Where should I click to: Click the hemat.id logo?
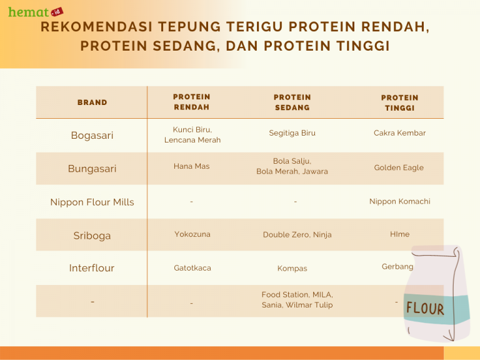[x=31, y=11]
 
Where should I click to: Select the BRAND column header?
[x=92, y=102]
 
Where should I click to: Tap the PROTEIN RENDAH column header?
[x=192, y=102]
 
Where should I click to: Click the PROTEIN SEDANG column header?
[x=292, y=102]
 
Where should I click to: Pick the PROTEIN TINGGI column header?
[x=400, y=102]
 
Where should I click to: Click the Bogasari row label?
[x=92, y=136]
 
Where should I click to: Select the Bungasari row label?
[x=92, y=169]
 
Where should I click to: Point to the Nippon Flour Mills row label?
[x=92, y=202]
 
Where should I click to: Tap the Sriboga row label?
[x=92, y=236]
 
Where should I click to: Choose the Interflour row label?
[x=92, y=268]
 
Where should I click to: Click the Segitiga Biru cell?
[x=292, y=133]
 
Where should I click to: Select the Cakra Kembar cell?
[x=400, y=133]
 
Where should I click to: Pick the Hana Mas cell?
[x=192, y=166]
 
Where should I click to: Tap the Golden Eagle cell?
[x=399, y=167]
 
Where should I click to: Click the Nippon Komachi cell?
[x=400, y=201]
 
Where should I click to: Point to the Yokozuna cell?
[x=192, y=234]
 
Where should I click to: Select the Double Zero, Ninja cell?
[x=297, y=235]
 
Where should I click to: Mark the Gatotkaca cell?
[x=192, y=268]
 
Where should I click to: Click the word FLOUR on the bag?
[x=425, y=308]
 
